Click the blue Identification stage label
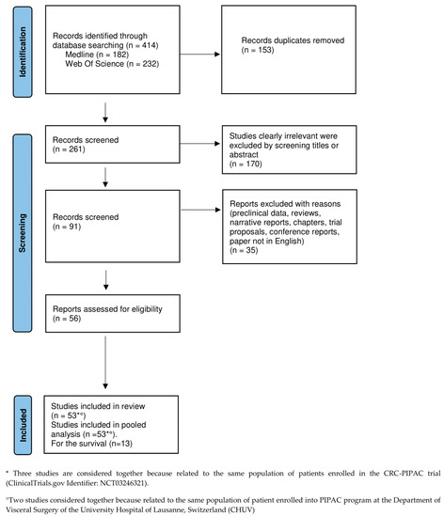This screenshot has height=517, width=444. pyautogui.click(x=15, y=53)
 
